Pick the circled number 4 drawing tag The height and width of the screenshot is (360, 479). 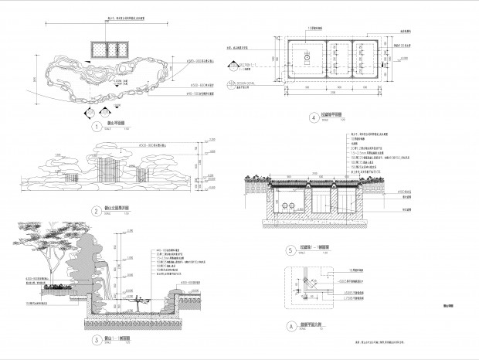point(313,118)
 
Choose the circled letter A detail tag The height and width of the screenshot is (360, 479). point(290,327)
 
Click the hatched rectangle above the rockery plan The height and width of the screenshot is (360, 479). point(108,50)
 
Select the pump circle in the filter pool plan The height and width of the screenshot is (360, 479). point(307,57)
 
